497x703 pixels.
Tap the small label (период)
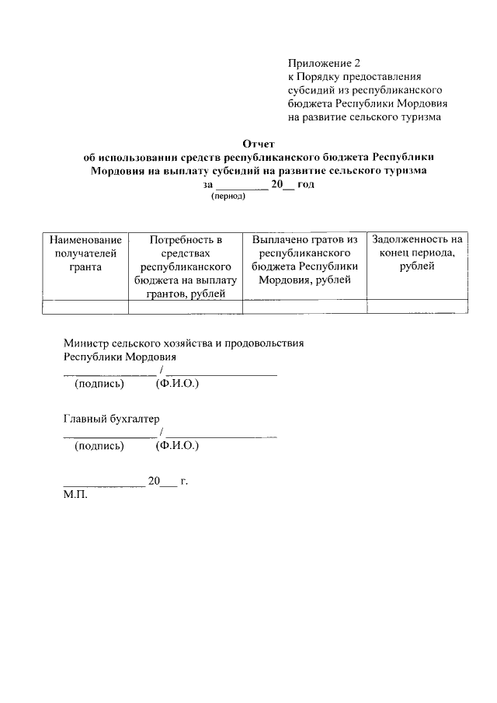(228, 197)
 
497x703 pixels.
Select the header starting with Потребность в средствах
(186, 266)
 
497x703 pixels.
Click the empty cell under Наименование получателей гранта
(85, 307)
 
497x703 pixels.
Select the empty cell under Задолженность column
(417, 307)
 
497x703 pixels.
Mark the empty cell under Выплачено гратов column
(304, 307)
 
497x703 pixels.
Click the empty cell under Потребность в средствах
(186, 307)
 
